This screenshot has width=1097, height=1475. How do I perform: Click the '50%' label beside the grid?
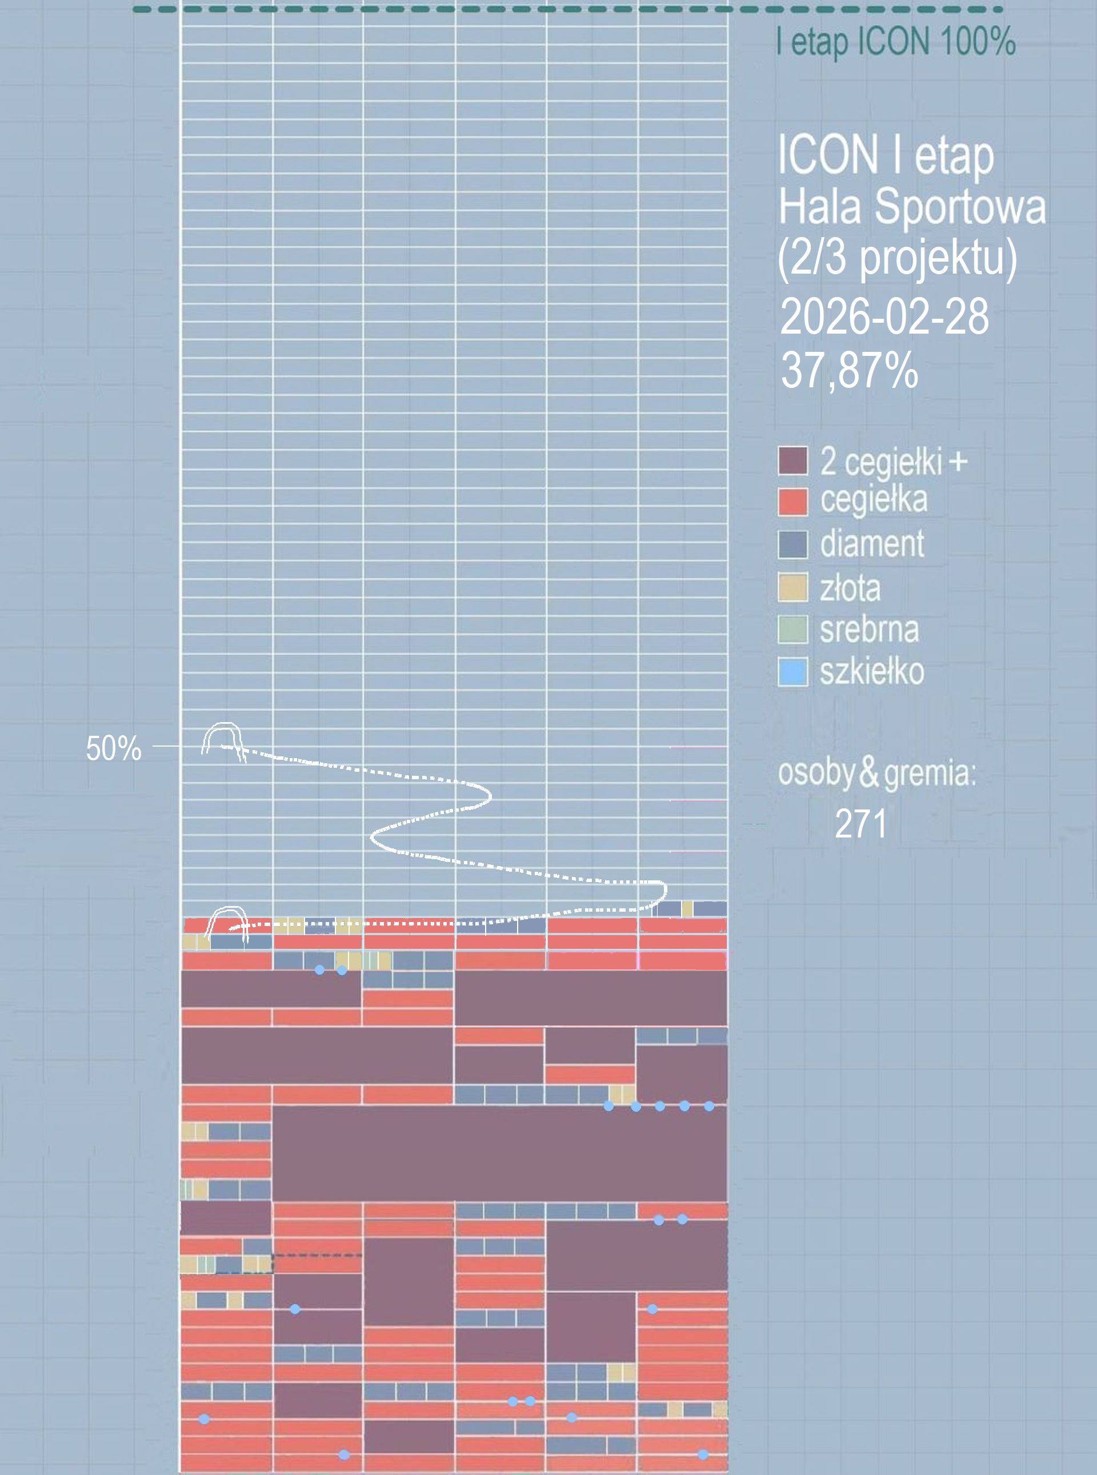coord(114,749)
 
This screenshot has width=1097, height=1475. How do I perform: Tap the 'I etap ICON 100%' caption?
coord(896,42)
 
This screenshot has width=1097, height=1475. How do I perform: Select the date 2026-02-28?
coord(884,316)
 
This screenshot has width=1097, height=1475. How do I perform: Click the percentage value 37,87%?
coord(849,370)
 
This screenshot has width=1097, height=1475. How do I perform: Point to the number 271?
coord(860,824)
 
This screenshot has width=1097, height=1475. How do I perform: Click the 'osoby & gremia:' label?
coord(876,773)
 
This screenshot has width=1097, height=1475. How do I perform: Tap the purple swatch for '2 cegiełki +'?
coord(793,460)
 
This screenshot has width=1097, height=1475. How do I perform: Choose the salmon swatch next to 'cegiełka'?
coord(793,502)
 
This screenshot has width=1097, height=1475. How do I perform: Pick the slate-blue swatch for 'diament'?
coord(793,544)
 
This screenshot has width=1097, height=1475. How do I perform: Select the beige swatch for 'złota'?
coord(793,587)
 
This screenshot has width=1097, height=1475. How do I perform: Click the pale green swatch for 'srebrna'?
coord(793,630)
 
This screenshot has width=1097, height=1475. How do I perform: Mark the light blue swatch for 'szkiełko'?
coord(793,672)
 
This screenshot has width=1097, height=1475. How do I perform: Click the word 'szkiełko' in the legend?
coord(872,672)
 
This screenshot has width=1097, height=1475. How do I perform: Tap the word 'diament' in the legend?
coord(872,544)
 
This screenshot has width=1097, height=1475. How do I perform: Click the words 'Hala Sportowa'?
coord(912,207)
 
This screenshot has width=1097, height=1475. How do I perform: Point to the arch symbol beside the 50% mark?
coord(222,739)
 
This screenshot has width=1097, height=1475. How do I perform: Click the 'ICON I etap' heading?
coord(885,157)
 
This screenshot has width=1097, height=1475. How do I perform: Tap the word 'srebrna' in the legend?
coord(869,630)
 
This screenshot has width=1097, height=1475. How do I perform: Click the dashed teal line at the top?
coord(568,9)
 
